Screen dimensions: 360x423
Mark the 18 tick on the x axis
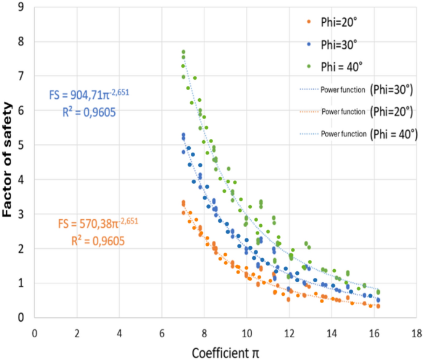pos(416,332)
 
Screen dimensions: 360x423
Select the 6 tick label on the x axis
pos(162,332)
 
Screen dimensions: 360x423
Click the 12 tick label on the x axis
pos(288,332)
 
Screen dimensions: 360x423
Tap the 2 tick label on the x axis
pos(77,332)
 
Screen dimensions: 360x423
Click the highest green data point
pos(183,52)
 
